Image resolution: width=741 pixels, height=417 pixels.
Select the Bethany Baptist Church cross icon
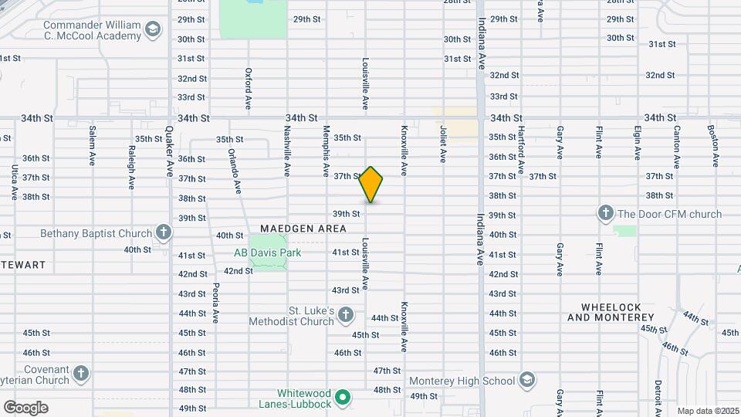[163, 232]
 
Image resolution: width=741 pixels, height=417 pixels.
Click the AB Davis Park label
[267, 253]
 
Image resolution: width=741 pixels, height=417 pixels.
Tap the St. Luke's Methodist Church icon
[345, 314]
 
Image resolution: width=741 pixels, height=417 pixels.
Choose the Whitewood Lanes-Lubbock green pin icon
[344, 398]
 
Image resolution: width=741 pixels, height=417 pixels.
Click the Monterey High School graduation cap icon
[526, 380]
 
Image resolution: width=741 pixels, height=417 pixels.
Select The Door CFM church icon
[605, 213]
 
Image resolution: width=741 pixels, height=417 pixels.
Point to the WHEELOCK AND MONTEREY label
[605, 311]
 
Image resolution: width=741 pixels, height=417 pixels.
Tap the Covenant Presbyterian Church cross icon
[81, 375]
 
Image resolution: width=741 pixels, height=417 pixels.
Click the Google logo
[25, 407]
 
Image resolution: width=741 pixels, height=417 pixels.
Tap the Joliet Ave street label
[443, 144]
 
